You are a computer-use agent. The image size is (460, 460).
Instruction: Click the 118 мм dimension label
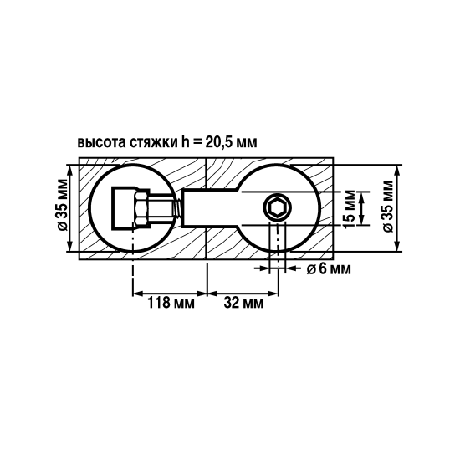click(x=171, y=303)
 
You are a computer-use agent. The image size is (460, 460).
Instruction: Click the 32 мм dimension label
click(x=243, y=303)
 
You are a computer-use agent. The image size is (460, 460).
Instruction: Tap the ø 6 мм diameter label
click(x=329, y=268)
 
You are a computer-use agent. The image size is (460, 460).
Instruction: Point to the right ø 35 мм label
click(x=388, y=207)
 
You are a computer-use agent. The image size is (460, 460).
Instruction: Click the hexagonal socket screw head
click(x=277, y=208)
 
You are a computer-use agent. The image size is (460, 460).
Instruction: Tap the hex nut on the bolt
click(x=142, y=208)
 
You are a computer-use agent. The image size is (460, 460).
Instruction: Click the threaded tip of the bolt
click(x=177, y=208)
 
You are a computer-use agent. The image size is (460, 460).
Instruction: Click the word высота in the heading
click(x=101, y=142)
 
